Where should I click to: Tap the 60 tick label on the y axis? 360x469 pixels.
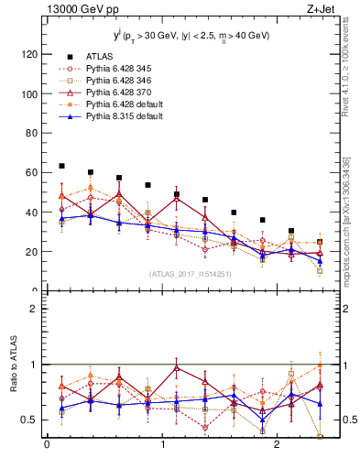coord(30,172)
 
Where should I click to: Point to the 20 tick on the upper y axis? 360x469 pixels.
coord(30,251)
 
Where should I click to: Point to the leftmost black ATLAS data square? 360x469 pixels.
coord(61,166)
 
